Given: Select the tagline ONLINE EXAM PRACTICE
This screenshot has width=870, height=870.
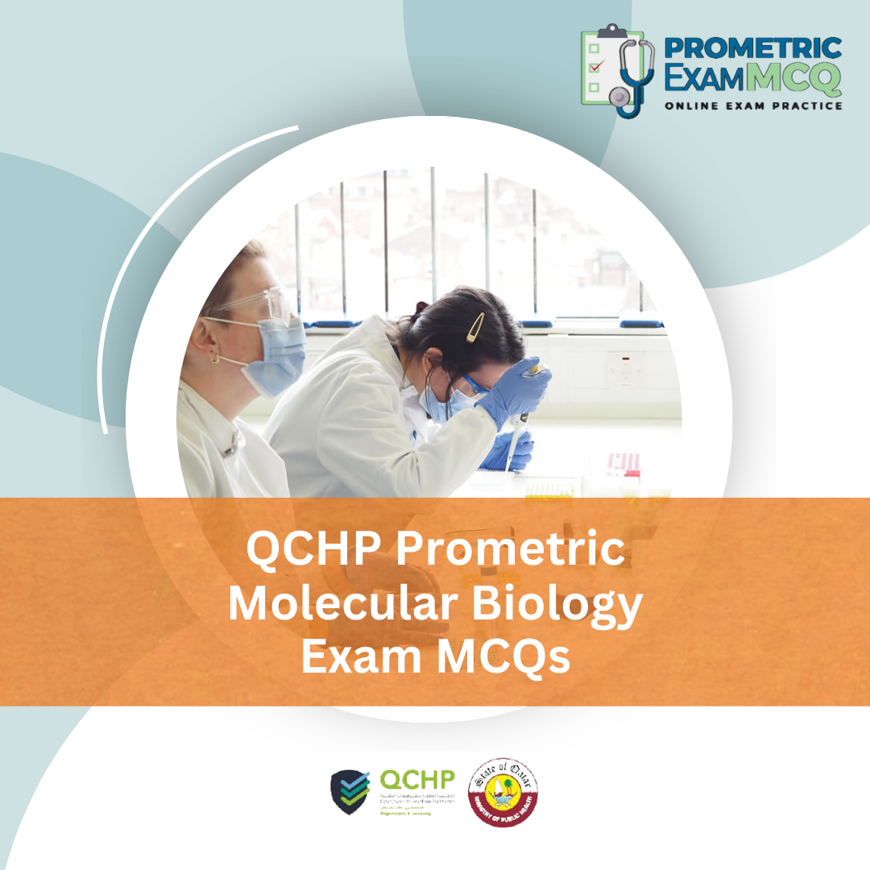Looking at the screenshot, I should [753, 106].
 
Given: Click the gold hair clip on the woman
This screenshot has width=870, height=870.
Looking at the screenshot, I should [475, 326].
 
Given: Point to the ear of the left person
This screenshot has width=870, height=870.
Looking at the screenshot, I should [217, 354].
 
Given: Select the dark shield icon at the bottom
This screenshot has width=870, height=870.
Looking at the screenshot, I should [351, 792].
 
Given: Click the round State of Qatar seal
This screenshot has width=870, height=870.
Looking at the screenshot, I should [504, 791].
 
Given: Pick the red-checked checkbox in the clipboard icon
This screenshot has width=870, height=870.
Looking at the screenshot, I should [596, 67].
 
